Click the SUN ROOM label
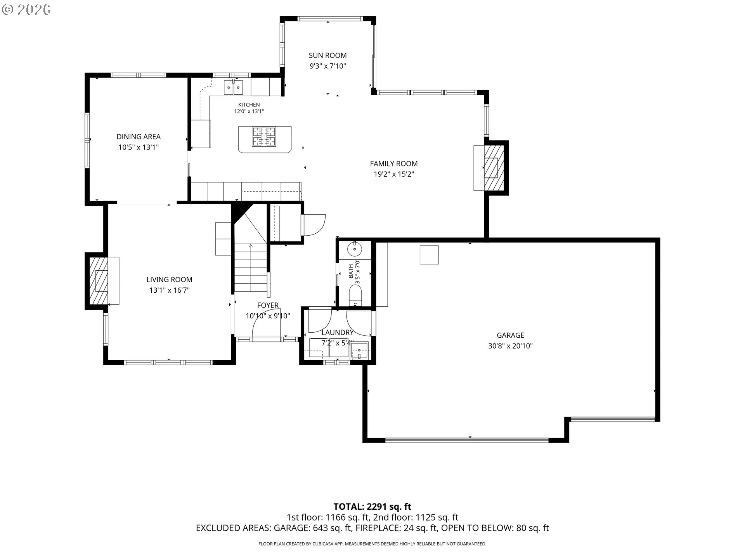pyautogui.click(x=327, y=56)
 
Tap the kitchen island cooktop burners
pyautogui.click(x=264, y=137)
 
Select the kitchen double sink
pyautogui.click(x=233, y=87)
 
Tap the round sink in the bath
pyautogui.click(x=354, y=248)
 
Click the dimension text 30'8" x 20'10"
pyautogui.click(x=510, y=346)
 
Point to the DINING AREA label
pyautogui.click(x=139, y=137)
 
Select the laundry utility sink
pyautogui.click(x=359, y=351)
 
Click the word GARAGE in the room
pyautogui.click(x=510, y=335)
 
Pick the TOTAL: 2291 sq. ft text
pyautogui.click(x=372, y=507)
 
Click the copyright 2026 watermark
pyautogui.click(x=26, y=10)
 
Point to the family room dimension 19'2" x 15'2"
pyautogui.click(x=394, y=174)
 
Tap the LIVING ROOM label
pyautogui.click(x=169, y=279)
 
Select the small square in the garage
pyautogui.click(x=429, y=255)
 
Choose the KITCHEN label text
pyautogui.click(x=249, y=105)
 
